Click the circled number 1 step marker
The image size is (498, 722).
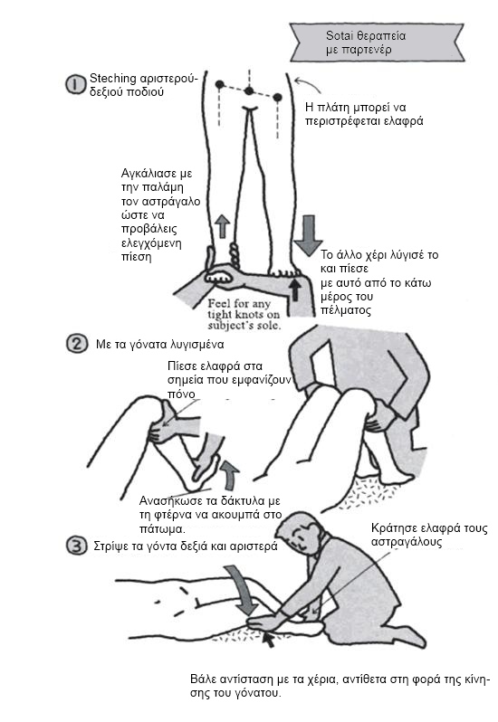74,85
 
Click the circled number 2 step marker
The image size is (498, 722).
76,344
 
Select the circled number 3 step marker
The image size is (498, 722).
76,546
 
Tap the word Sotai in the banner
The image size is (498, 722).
338,35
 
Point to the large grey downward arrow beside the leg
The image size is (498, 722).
308,235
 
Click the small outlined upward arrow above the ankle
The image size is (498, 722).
223,225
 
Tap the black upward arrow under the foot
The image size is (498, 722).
295,290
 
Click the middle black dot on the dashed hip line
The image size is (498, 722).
249,90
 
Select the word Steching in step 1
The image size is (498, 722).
113,79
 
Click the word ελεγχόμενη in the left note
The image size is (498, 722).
151,242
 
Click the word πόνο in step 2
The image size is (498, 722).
181,394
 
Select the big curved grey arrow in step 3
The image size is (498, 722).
244,590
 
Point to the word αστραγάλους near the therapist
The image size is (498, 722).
407,542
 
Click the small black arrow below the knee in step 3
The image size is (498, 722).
268,639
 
